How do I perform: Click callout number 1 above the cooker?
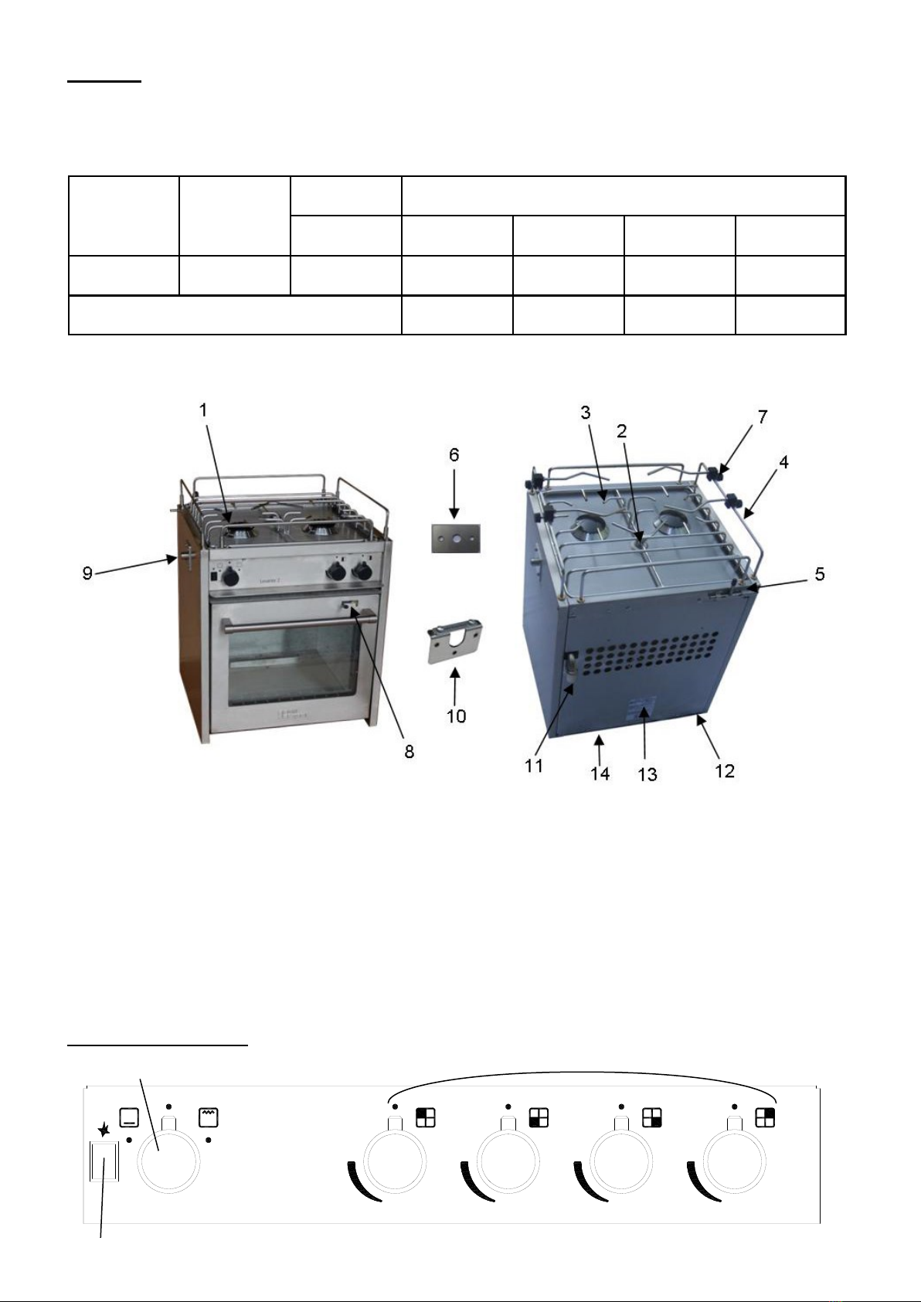click(x=202, y=410)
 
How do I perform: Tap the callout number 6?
click(x=454, y=454)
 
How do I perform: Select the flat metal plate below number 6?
click(x=456, y=539)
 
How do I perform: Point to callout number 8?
click(x=409, y=752)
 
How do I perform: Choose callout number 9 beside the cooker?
click(x=87, y=573)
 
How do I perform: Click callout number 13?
click(x=647, y=774)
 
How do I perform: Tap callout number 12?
click(x=725, y=770)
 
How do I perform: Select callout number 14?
click(x=600, y=773)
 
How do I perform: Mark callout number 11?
click(x=533, y=766)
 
